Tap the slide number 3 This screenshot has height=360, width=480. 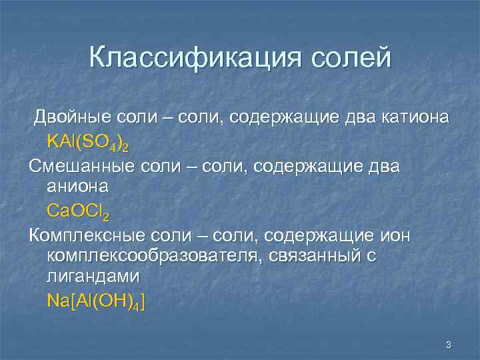point(448,345)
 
